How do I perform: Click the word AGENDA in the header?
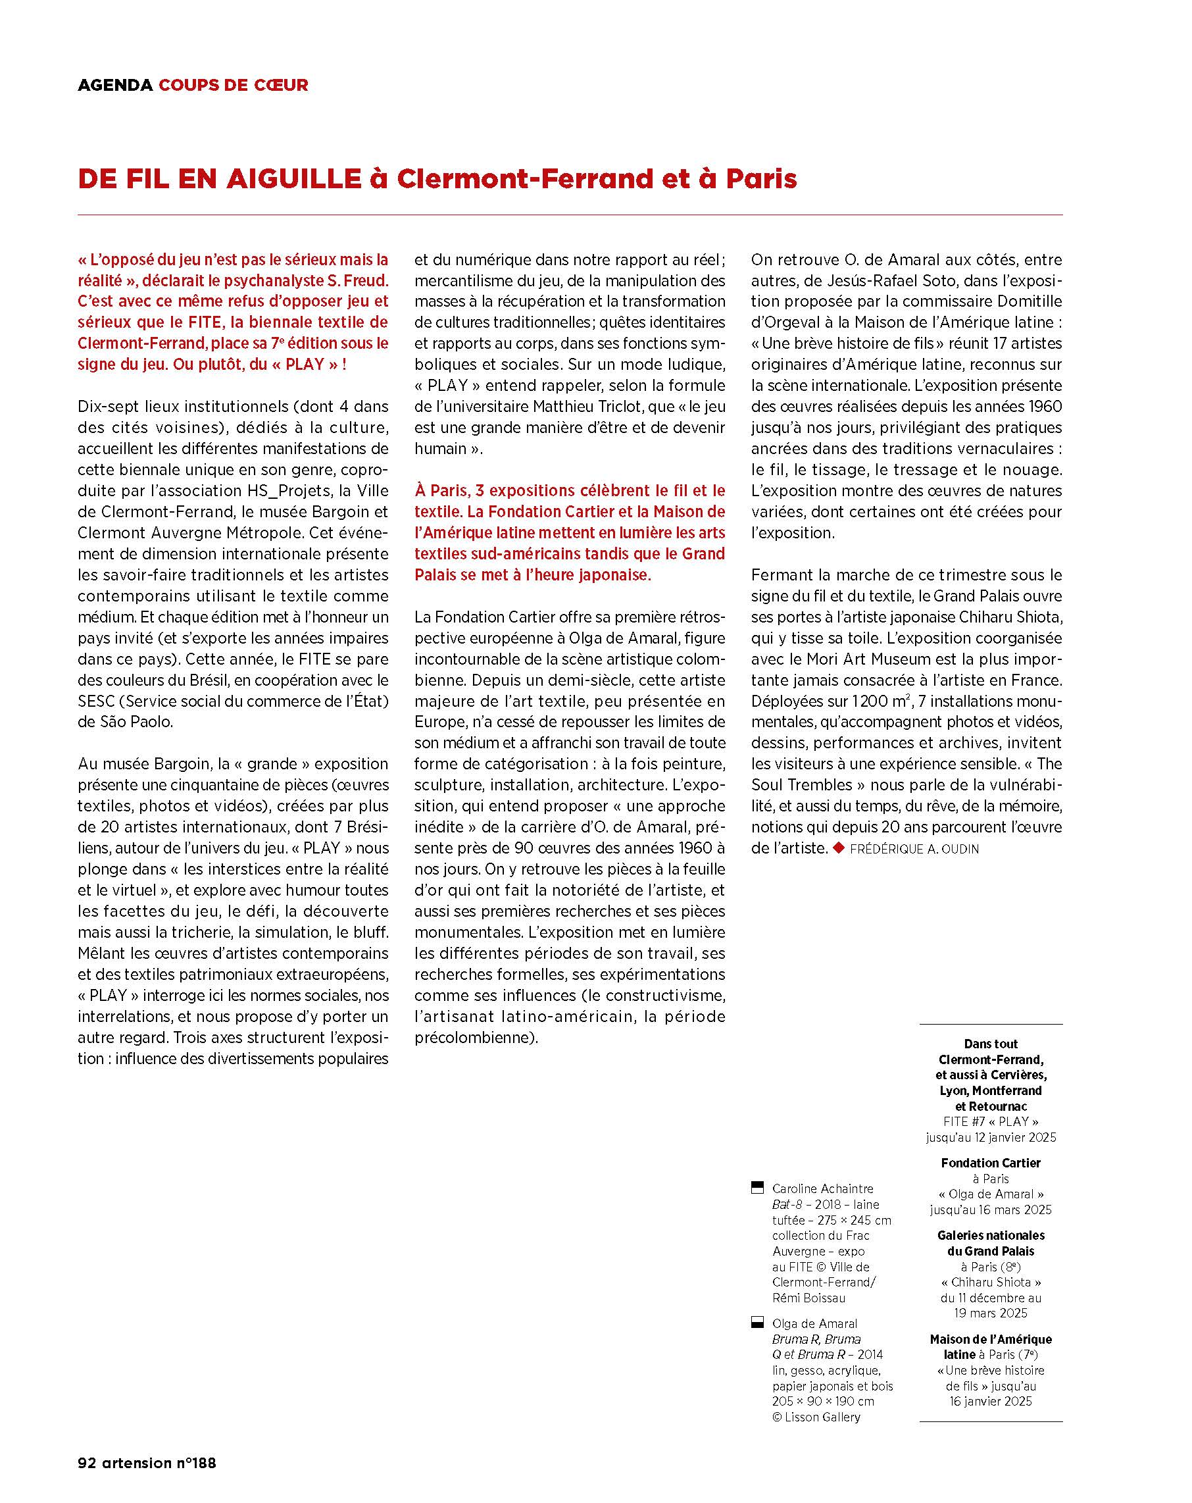click(x=115, y=85)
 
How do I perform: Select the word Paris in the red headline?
click(x=760, y=179)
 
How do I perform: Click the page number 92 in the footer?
click(x=86, y=1463)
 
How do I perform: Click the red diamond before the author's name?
click(x=838, y=848)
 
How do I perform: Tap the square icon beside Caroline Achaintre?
click(x=757, y=1187)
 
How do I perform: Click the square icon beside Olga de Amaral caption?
click(x=757, y=1323)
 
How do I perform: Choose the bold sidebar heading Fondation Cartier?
click(x=990, y=1163)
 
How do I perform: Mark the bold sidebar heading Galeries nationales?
click(x=990, y=1235)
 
